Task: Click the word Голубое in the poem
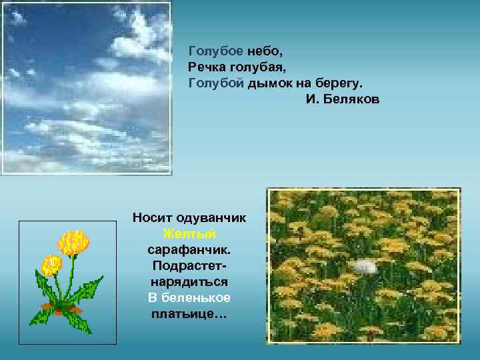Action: (216, 51)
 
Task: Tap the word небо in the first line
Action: (265, 51)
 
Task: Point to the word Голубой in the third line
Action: (216, 83)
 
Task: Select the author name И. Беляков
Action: (343, 99)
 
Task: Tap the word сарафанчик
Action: (189, 249)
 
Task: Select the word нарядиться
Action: (189, 281)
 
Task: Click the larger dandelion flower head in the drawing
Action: (73, 243)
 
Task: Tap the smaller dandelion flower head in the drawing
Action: (51, 265)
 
